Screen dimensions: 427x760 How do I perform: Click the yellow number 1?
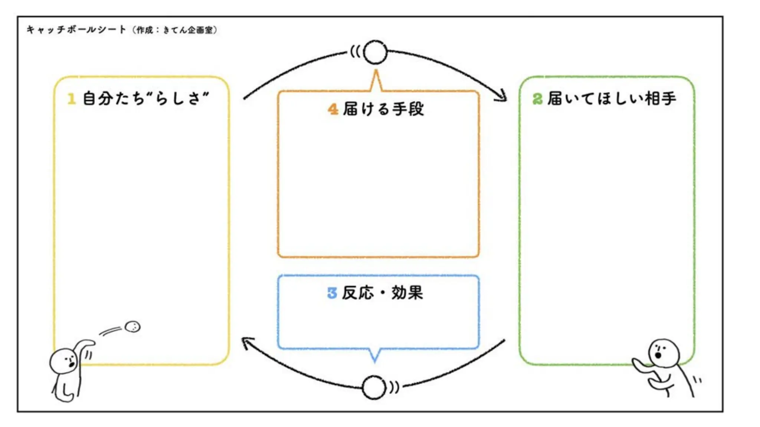coord(71,99)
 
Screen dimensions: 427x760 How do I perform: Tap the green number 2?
coord(537,99)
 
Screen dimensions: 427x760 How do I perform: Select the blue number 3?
coord(332,293)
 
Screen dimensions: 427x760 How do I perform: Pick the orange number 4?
coord(333,109)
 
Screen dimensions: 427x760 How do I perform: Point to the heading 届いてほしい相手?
coord(611,99)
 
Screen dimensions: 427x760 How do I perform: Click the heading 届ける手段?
coord(383,109)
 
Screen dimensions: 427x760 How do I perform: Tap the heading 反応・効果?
coord(382,293)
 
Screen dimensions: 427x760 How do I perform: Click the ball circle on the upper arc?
coord(375,52)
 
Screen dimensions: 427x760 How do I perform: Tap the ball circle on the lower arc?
coord(373,387)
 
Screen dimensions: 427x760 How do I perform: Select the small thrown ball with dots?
coord(132,327)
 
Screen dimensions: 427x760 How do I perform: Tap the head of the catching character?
coord(664,353)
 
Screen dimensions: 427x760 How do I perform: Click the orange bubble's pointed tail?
coord(376,80)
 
